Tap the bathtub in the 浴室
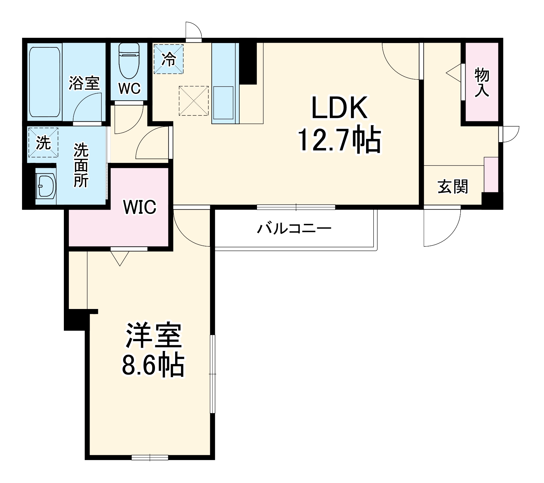click(x=45, y=82)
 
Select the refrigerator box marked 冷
click(x=169, y=59)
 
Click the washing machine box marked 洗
click(x=43, y=142)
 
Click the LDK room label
click(x=339, y=107)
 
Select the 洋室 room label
click(x=153, y=336)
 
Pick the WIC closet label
click(x=140, y=207)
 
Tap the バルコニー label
click(x=294, y=228)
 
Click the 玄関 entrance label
click(x=453, y=187)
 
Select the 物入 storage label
click(x=482, y=83)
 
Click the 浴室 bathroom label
click(x=84, y=83)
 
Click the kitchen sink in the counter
click(x=223, y=102)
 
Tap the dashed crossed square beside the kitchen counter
click(x=194, y=101)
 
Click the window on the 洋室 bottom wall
click(x=150, y=457)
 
